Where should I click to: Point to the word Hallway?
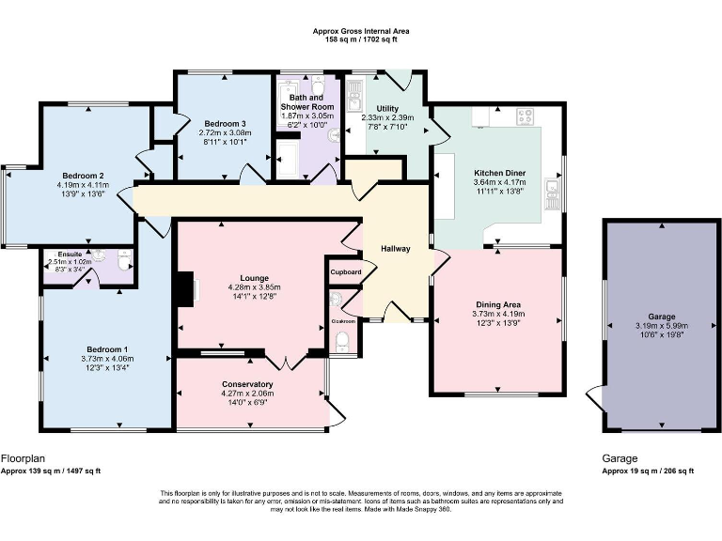(395, 249)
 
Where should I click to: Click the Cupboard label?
(345, 272)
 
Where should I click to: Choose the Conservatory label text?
(247, 384)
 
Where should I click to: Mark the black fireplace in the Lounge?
(187, 289)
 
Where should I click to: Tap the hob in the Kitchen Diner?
(524, 117)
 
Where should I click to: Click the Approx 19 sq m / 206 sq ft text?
(648, 471)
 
